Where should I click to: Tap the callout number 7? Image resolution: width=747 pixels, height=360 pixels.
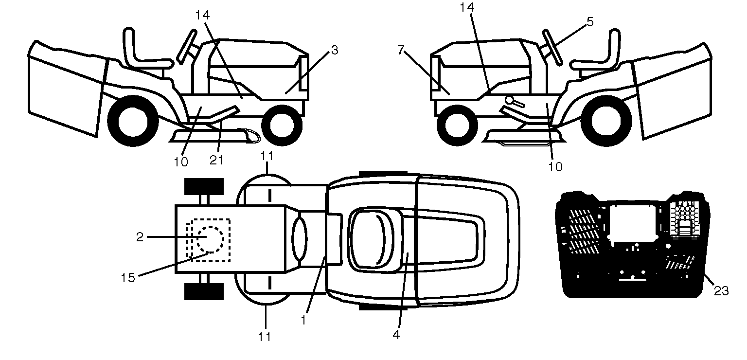401,50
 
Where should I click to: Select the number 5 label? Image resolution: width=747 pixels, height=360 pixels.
590,22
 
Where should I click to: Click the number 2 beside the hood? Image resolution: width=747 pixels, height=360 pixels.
140,237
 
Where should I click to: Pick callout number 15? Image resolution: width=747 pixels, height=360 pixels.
127,277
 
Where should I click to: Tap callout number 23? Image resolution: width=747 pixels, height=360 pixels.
721,291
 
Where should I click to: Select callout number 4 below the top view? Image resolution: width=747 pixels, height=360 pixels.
396,335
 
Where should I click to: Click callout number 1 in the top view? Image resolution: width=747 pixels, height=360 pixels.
304,320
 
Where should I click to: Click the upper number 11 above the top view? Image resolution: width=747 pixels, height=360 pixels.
267,156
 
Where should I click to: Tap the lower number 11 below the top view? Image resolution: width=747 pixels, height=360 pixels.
265,336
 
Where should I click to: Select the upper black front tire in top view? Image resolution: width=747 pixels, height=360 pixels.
204,186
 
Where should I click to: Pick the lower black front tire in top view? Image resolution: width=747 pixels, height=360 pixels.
204,291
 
